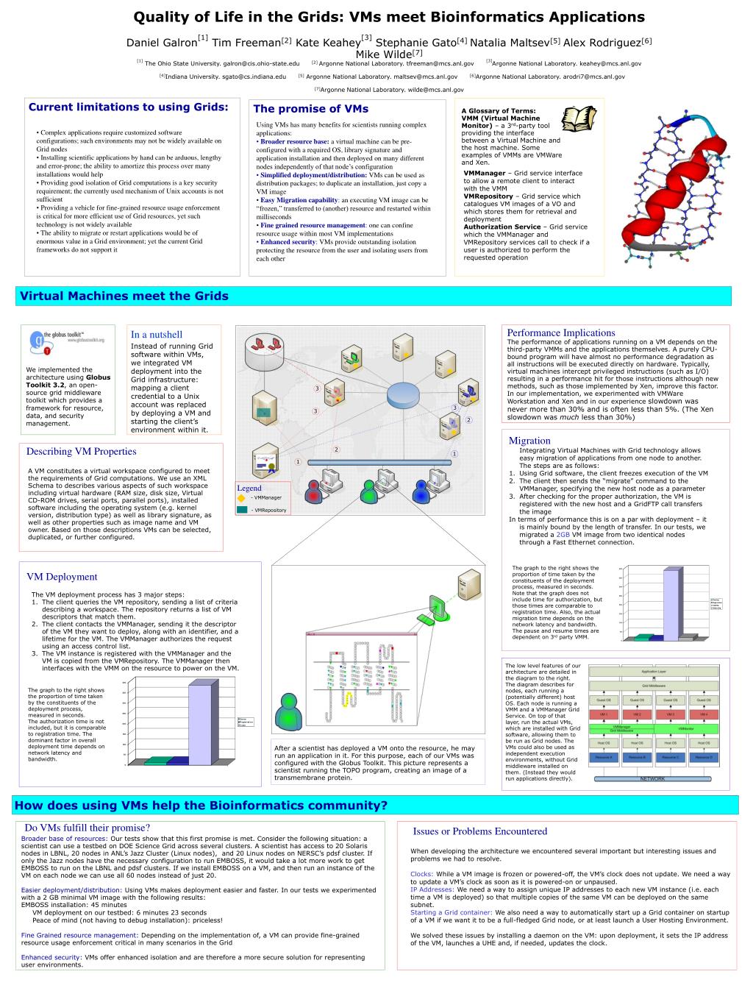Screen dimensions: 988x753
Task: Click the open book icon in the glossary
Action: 578,119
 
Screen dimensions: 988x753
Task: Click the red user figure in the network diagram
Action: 315,491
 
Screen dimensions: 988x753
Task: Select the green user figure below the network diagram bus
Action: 368,491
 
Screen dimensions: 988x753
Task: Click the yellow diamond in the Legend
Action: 242,498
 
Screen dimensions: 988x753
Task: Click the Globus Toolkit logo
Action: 68,342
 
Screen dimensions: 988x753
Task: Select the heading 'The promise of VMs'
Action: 310,109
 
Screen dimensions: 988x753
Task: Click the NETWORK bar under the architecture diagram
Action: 652,778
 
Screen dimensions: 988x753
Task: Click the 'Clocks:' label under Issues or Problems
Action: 422,874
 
